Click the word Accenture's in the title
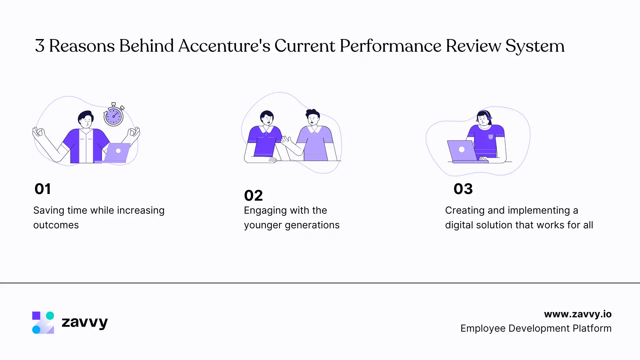(224, 46)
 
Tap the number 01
(43, 189)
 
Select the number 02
(253, 196)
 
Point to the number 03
(463, 189)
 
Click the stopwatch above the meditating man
(114, 115)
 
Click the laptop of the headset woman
(462, 151)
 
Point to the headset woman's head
(484, 118)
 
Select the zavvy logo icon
(43, 322)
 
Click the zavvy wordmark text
(85, 322)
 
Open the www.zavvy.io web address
(578, 314)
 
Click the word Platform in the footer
(592, 328)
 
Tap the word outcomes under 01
(56, 225)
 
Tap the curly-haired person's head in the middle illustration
(313, 117)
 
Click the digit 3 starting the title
(40, 46)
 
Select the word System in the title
(535, 46)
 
